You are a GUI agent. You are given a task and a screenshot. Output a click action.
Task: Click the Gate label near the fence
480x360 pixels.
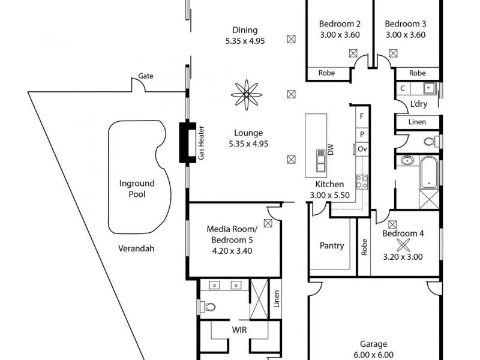(146, 76)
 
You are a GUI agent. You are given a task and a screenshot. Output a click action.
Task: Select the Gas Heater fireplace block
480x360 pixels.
(188, 143)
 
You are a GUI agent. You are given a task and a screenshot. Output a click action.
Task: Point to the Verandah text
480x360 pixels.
(136, 248)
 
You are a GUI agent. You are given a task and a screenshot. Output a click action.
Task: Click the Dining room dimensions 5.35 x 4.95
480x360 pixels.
(244, 41)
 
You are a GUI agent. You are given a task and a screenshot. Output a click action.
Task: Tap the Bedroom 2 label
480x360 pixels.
(340, 24)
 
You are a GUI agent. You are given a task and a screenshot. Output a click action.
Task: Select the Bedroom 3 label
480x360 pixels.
(405, 24)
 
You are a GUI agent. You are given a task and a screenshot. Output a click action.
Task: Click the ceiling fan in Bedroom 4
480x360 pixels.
(404, 245)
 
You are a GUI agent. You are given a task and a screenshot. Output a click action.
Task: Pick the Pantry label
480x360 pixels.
(332, 245)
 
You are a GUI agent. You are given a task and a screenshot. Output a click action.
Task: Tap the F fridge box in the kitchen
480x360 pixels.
(362, 116)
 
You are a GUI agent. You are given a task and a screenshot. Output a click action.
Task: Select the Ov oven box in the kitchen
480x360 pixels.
(362, 148)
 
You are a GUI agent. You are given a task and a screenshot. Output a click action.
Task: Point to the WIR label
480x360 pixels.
(241, 330)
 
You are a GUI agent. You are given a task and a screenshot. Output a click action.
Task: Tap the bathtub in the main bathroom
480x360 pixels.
(429, 171)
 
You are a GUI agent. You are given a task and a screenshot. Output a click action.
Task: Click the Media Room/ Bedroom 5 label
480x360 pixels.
(232, 240)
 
